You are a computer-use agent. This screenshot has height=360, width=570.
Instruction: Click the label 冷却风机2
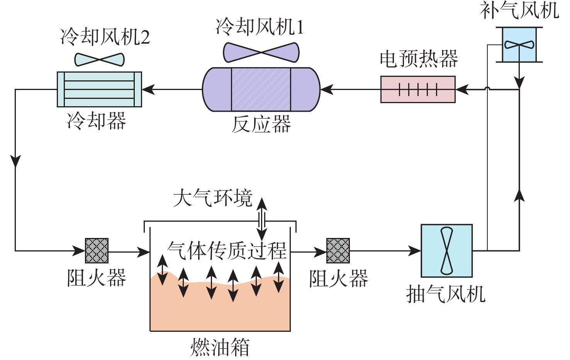pyautogui.click(x=105, y=37)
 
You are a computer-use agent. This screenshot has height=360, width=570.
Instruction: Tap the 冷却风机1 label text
pyautogui.click(x=260, y=27)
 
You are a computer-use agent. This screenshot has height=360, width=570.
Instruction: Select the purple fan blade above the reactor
pyautogui.click(x=261, y=53)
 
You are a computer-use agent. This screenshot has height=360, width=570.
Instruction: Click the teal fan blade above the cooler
pyautogui.click(x=99, y=59)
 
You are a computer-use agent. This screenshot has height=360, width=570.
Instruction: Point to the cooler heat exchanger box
pyautogui.click(x=99, y=89)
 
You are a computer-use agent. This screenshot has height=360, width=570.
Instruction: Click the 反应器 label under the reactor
pyautogui.click(x=261, y=124)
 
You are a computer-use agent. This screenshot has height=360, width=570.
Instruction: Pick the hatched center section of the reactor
pyautogui.click(x=261, y=90)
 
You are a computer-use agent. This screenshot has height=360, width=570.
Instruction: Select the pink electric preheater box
pyautogui.click(x=418, y=90)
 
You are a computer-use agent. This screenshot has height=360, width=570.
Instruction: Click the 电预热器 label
pyautogui.click(x=419, y=59)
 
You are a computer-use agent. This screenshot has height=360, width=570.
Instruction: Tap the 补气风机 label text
pyautogui.click(x=519, y=10)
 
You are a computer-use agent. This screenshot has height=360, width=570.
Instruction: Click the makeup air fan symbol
pyautogui.click(x=519, y=44)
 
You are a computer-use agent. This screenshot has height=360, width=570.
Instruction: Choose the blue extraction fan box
pyautogui.click(x=446, y=251)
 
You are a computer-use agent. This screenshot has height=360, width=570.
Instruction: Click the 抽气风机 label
pyautogui.click(x=446, y=294)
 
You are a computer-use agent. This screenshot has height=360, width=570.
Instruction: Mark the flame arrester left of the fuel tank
pyautogui.click(x=97, y=251)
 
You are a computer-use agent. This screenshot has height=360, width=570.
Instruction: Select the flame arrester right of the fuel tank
pyautogui.click(x=338, y=251)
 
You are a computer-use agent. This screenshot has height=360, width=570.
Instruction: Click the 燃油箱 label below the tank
pyautogui.click(x=220, y=347)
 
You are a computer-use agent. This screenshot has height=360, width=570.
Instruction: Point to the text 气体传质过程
pyautogui.click(x=227, y=251)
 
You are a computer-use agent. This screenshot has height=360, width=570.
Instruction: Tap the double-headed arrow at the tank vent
pyautogui.click(x=262, y=219)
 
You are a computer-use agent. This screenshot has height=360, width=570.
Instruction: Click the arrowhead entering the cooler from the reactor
pyautogui.click(x=148, y=90)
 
